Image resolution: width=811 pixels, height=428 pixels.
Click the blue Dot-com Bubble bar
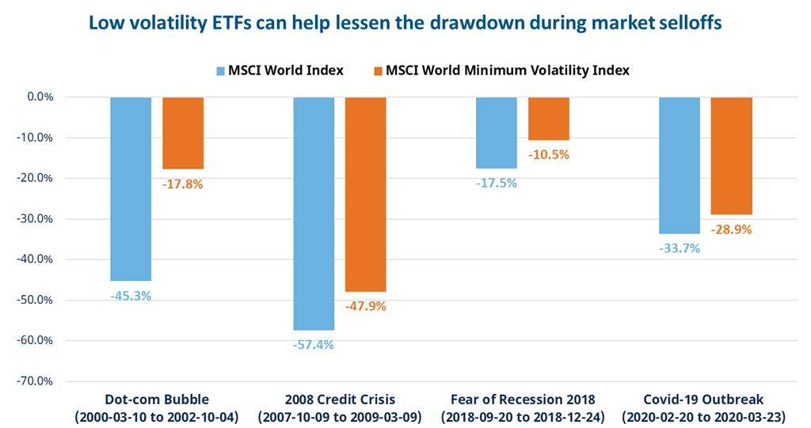tap(131, 189)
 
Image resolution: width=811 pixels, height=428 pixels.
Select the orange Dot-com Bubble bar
tap(183, 133)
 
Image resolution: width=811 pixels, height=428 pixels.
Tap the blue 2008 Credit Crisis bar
tap(314, 214)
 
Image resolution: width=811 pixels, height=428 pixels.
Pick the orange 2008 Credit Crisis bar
tap(365, 195)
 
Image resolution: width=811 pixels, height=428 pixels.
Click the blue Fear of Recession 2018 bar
tap(497, 133)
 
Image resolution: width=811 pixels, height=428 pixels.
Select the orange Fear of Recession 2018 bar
tap(549, 119)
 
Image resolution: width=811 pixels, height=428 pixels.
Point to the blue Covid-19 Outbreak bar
tap(680, 165)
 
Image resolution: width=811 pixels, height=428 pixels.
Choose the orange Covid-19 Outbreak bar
tap(732, 156)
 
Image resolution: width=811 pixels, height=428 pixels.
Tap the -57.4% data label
tap(314, 344)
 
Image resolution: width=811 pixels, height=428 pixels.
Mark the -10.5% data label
tap(549, 154)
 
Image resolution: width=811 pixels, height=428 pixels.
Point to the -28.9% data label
tap(732, 229)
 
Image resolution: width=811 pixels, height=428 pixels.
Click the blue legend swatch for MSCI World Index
tap(223, 70)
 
